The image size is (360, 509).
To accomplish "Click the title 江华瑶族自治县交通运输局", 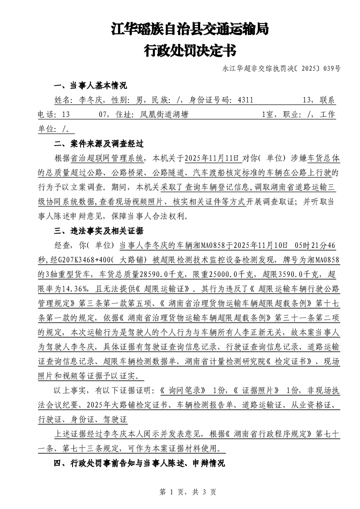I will coord(190,30).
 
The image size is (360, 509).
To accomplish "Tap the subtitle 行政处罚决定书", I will coord(190,50).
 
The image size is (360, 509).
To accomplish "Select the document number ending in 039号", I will coord(281,69).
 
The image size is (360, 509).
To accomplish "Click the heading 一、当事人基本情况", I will coord(90,86).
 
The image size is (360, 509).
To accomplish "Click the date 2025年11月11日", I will coord(211,158).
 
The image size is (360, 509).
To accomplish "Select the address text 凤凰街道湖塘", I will coord(161,115).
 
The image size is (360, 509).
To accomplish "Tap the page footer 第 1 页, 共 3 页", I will coord(180,491).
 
